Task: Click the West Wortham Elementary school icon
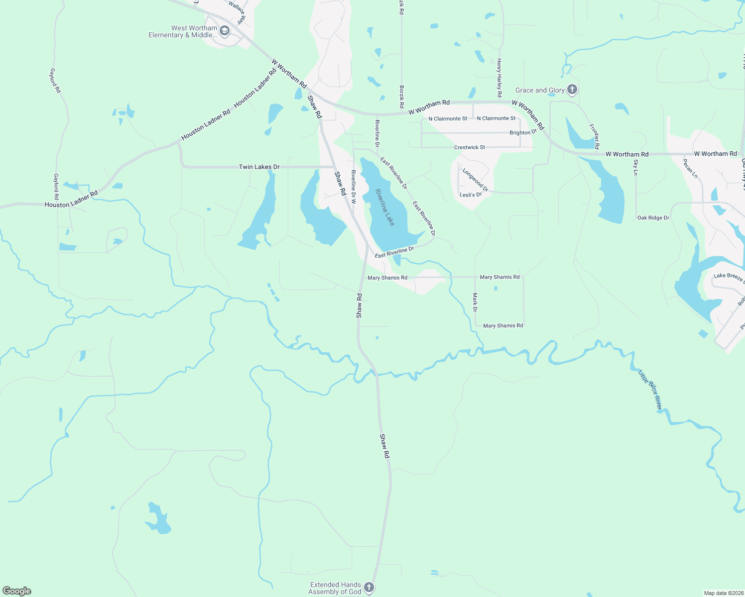[x=225, y=31]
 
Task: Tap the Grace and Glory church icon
[x=572, y=90]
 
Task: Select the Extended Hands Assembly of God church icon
[x=369, y=588]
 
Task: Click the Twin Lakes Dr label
[x=259, y=167]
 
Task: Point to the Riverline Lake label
[x=385, y=207]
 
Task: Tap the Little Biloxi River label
[x=650, y=390]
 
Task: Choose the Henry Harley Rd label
[x=499, y=78]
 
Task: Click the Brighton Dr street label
[x=523, y=133]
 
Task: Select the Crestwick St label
[x=469, y=148]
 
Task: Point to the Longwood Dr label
[x=475, y=180]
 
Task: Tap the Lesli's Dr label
[x=471, y=195]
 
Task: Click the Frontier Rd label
[x=594, y=136]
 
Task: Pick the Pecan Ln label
[x=690, y=169]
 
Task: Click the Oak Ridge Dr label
[x=653, y=218]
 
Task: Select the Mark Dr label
[x=475, y=302]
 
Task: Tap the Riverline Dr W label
[x=353, y=187]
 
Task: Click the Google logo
[x=17, y=591]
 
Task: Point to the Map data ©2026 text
[x=723, y=593]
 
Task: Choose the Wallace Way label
[x=238, y=12]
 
